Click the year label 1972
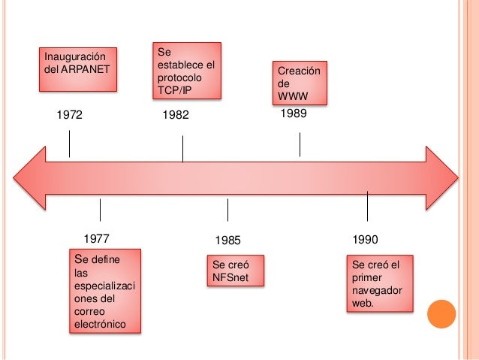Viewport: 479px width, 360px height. click(x=69, y=116)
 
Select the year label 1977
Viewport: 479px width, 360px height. click(x=96, y=240)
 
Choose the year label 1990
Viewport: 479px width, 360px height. click(x=365, y=240)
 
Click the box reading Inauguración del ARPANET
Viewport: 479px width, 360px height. click(x=79, y=69)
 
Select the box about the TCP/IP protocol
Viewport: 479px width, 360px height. click(x=187, y=71)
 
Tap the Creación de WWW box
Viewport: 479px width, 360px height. click(x=300, y=83)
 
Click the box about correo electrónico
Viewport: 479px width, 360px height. click(x=105, y=292)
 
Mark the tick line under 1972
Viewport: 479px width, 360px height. click(x=70, y=144)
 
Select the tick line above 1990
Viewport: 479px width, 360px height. click(x=368, y=205)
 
